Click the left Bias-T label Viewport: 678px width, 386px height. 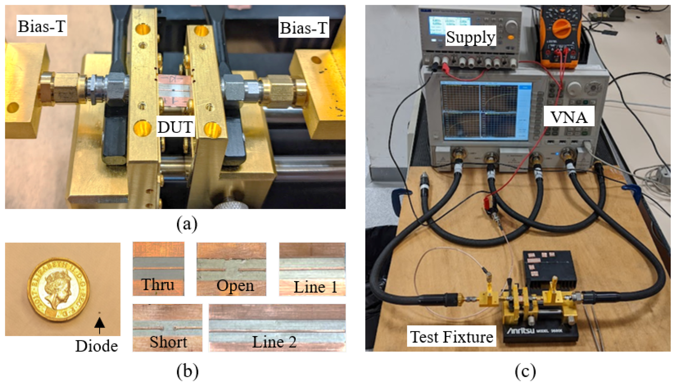pyautogui.click(x=42, y=26)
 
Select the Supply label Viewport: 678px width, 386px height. pyautogui.click(x=470, y=37)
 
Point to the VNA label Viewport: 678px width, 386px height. pyautogui.click(x=569, y=117)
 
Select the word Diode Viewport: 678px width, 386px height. pyautogui.click(x=96, y=346)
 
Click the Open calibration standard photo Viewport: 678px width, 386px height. pyautogui.click(x=231, y=268)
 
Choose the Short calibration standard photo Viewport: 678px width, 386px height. pyautogui.click(x=167, y=327)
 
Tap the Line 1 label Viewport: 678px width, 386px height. pyautogui.click(x=315, y=287)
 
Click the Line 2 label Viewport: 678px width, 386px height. pyautogui.click(x=274, y=342)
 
